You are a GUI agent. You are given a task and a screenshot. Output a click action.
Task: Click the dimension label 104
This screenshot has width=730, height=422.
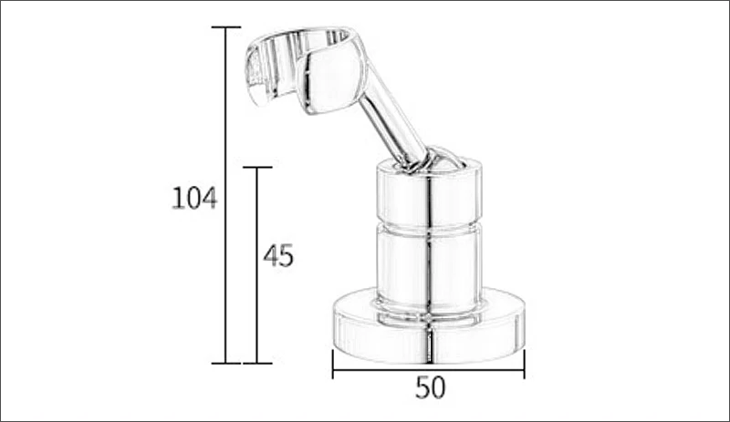pyautogui.click(x=194, y=197)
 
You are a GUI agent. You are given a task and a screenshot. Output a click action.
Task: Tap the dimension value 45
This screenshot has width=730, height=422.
pyautogui.click(x=278, y=256)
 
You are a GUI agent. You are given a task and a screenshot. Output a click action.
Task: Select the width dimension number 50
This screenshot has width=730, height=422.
pyautogui.click(x=430, y=387)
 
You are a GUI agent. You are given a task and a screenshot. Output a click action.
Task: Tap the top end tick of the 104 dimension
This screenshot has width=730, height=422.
pyautogui.click(x=226, y=27)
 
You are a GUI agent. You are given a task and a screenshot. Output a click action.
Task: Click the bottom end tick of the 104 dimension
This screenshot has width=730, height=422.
pyautogui.click(x=226, y=363)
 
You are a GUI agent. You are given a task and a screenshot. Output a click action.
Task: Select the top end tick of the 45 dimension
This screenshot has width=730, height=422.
pyautogui.click(x=257, y=168)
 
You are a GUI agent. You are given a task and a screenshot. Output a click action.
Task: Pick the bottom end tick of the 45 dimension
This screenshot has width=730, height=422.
pyautogui.click(x=257, y=363)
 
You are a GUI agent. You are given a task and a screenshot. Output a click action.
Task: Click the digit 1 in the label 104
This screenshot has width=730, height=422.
pyautogui.click(x=178, y=197)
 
